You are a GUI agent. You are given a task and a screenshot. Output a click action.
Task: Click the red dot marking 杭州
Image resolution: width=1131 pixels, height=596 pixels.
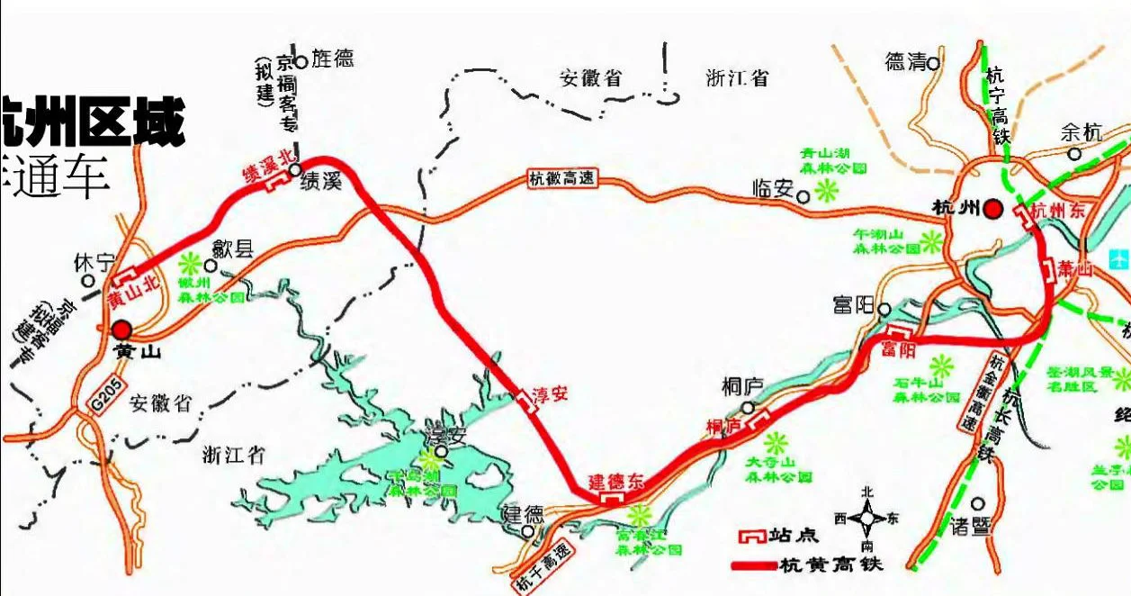[x=992, y=209]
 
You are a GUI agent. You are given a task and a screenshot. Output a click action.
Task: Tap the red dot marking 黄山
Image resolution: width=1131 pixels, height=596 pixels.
[x=121, y=330]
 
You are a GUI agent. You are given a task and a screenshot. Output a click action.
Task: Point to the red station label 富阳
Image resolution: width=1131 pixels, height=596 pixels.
[x=899, y=348]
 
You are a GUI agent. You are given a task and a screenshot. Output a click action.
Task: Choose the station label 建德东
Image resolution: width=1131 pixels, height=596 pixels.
[x=617, y=481]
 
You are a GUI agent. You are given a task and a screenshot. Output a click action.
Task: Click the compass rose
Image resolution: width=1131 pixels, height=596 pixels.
[x=867, y=519]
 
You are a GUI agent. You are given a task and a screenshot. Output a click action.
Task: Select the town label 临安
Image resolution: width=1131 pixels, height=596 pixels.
[x=772, y=189]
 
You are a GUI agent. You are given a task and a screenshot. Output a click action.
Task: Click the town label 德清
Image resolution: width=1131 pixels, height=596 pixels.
[x=905, y=61]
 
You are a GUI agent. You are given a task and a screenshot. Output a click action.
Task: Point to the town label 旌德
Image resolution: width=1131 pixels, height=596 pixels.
[x=332, y=59]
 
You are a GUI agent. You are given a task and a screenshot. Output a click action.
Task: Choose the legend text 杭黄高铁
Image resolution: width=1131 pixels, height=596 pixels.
[x=831, y=565]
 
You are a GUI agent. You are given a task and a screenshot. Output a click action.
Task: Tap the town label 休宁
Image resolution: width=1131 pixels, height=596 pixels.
[x=94, y=262]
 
